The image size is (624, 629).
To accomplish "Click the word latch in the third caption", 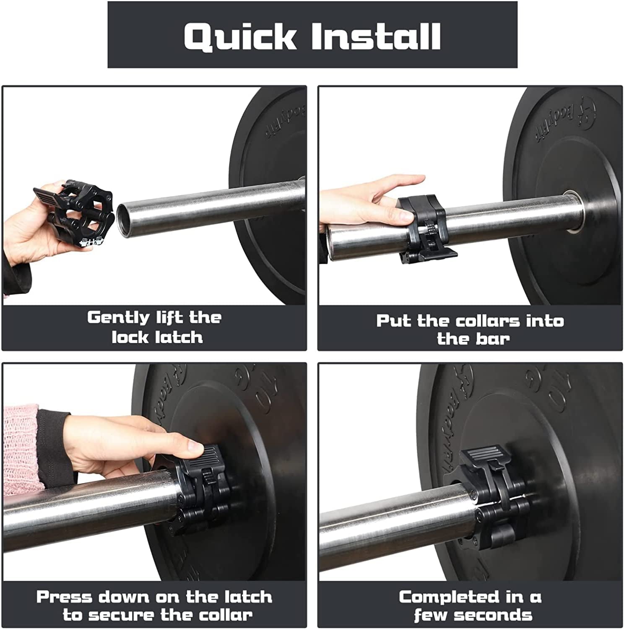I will [x=248, y=597].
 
